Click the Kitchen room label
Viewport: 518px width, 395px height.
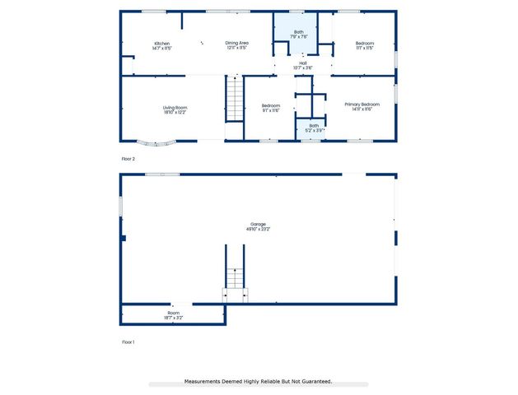tap(161, 43)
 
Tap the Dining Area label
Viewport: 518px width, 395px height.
tap(237, 43)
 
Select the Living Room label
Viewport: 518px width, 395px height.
tap(174, 107)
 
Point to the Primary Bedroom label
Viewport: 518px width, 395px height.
tap(362, 105)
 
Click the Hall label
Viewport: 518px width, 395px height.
tap(303, 63)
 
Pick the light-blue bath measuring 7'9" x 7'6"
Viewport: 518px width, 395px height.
tap(299, 34)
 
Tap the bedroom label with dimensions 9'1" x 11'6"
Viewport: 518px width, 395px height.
tap(271, 108)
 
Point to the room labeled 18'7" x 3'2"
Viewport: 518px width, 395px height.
tap(174, 314)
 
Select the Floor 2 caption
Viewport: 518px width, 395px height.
tap(128, 157)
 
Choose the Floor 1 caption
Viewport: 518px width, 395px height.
tap(128, 342)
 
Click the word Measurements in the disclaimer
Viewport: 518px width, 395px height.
tap(205, 382)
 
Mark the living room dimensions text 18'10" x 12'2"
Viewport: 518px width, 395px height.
tap(174, 112)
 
